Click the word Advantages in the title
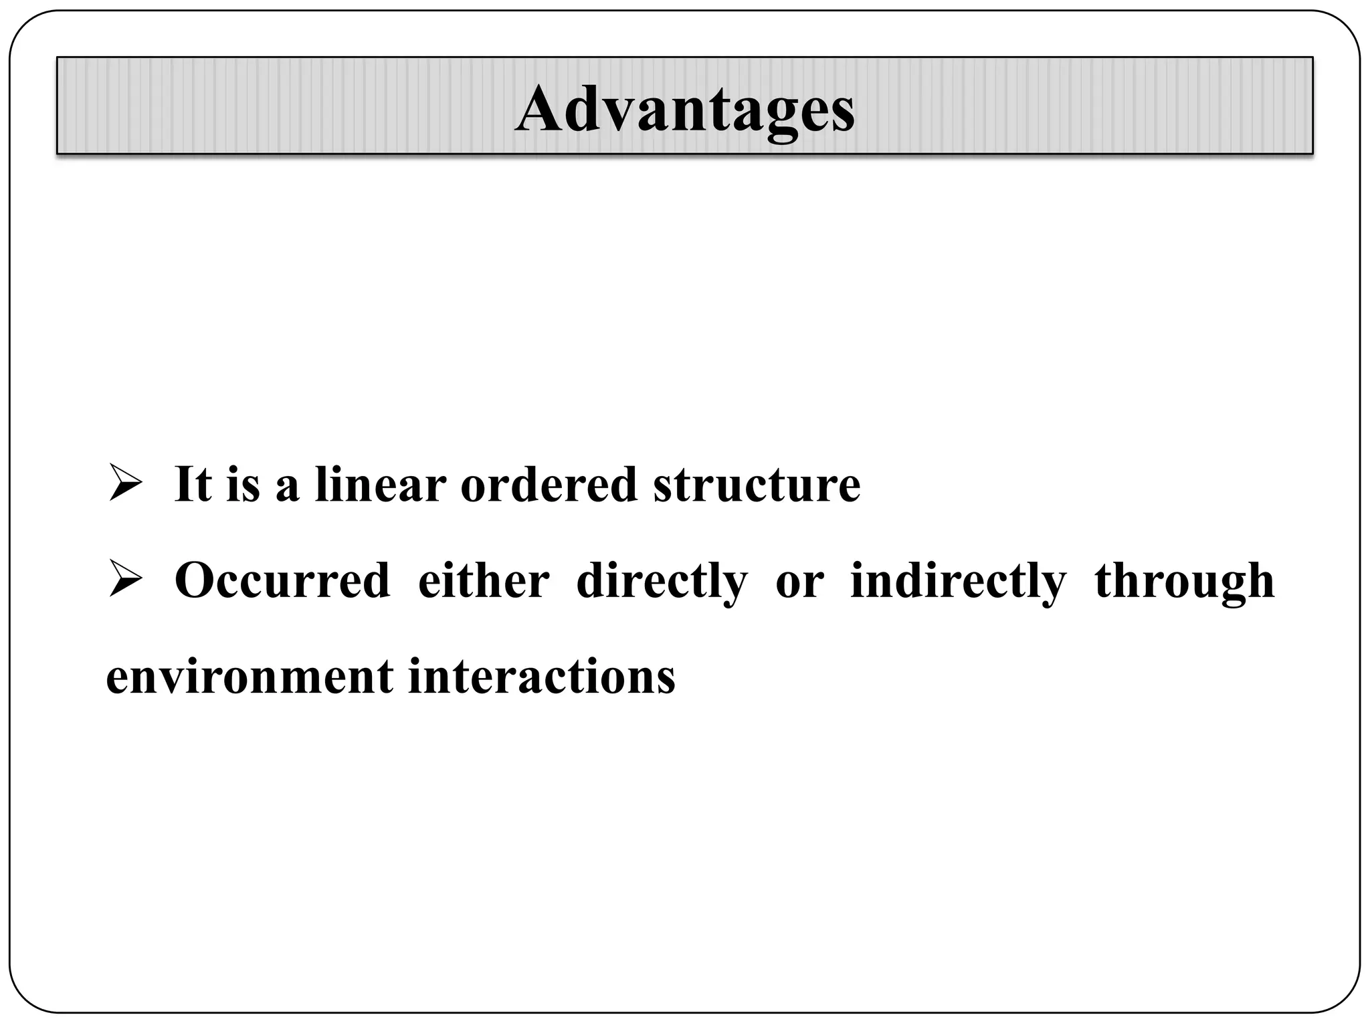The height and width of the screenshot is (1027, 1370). (684, 109)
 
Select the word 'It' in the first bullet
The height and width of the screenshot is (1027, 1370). (193, 483)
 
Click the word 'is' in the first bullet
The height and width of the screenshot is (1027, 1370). (243, 483)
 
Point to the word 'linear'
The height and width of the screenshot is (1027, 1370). (380, 483)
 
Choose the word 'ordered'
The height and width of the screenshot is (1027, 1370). (549, 483)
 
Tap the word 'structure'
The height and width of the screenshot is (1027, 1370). (757, 483)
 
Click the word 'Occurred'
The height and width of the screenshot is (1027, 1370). (282, 580)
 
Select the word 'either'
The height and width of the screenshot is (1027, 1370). (484, 580)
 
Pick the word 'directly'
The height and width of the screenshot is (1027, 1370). (662, 582)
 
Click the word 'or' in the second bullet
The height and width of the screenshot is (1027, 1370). (799, 582)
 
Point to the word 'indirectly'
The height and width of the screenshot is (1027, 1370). (958, 582)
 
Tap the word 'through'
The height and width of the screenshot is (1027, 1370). (1185, 582)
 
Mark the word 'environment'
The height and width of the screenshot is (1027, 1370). (250, 677)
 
